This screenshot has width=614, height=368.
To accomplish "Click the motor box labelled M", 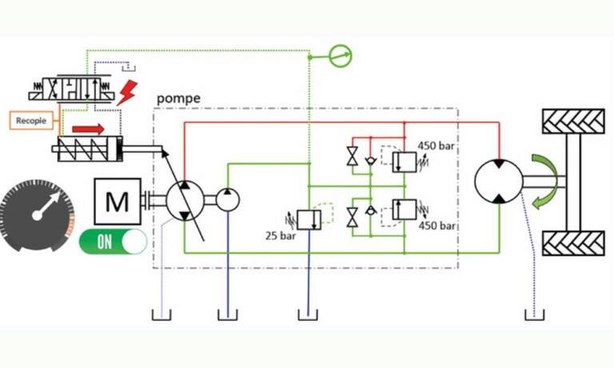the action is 118,201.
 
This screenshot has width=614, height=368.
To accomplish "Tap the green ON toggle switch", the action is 114,242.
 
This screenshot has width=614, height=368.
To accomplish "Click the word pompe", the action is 178,98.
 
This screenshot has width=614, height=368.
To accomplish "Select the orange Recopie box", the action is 31,121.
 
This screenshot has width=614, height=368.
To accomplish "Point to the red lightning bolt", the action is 127,93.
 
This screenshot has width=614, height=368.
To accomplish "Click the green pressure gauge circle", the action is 341,56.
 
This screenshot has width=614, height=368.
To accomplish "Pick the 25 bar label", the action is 281,235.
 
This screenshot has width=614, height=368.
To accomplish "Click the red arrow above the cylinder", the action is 89,129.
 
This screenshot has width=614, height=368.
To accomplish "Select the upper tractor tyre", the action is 573,121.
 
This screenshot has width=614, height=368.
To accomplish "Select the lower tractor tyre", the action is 573,243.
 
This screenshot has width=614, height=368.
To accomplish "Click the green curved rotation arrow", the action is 545,181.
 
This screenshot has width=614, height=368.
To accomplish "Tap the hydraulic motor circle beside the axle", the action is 499,181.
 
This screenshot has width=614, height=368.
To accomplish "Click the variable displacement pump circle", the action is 185,200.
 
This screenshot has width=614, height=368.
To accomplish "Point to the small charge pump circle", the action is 228,200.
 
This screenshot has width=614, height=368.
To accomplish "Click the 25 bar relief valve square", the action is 309,220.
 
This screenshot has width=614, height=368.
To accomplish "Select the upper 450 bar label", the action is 437,146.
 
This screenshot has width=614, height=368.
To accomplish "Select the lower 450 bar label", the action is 437,225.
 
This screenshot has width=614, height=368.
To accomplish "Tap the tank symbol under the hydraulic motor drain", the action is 535,315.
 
